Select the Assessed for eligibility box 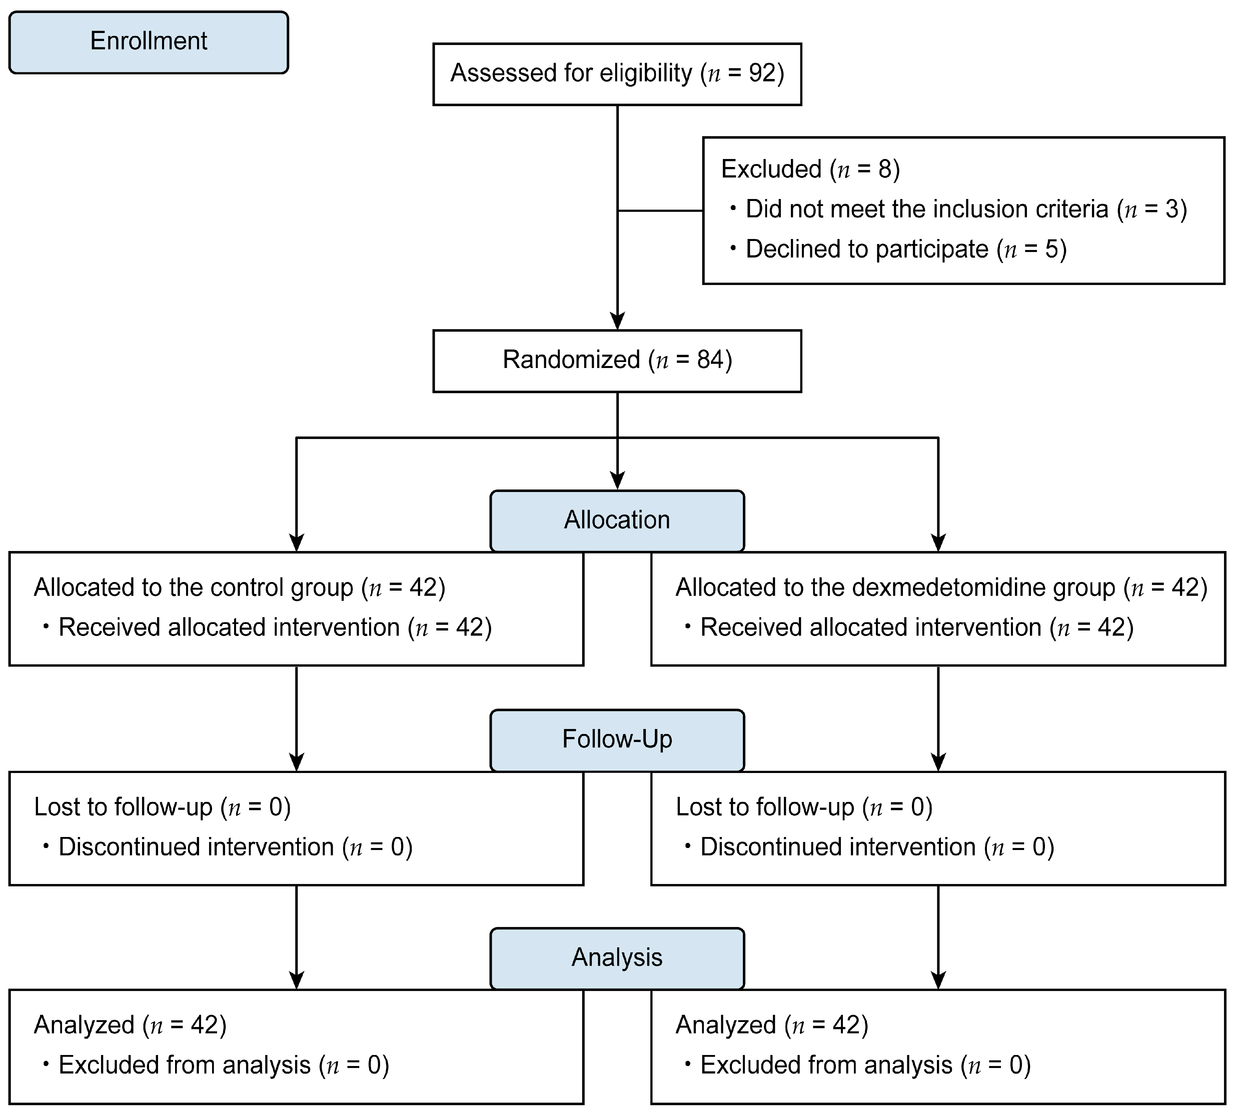(616, 74)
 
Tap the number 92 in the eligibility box (763, 73)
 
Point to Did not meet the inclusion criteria (927, 209)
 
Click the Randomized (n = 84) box (616, 361)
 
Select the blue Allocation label (616, 520)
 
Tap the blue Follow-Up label (616, 739)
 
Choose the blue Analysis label (616, 957)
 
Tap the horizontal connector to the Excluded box (660, 211)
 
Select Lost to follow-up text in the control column (122, 807)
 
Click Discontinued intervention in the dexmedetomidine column (837, 847)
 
